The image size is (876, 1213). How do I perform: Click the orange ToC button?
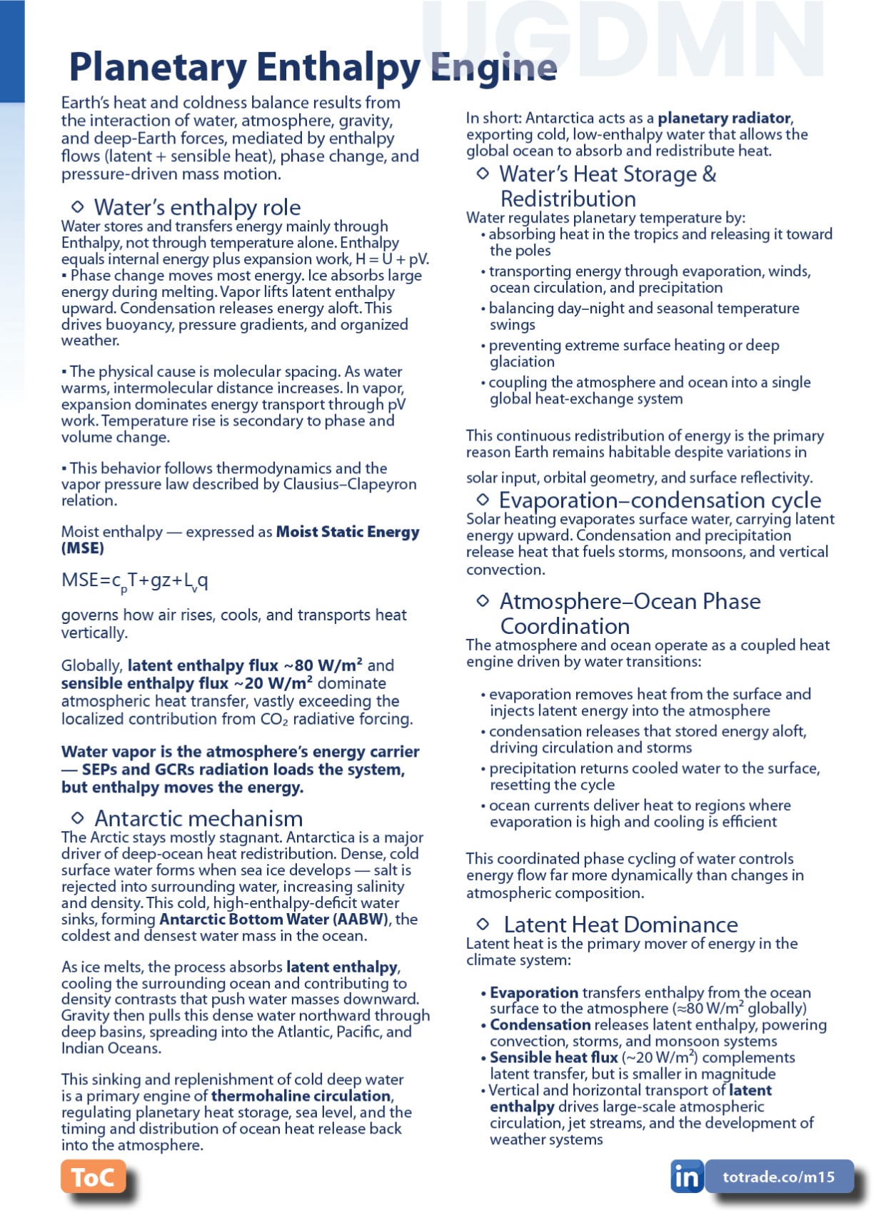click(93, 1177)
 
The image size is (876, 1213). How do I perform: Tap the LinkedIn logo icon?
click(686, 1177)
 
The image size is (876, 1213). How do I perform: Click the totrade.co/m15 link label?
click(778, 1177)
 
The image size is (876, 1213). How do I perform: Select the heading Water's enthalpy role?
click(197, 207)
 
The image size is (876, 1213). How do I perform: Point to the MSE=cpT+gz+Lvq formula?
click(135, 581)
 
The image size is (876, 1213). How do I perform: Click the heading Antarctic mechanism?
click(198, 818)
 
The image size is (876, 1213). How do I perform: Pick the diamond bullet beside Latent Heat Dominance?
click(483, 925)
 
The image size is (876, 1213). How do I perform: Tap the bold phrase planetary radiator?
click(724, 118)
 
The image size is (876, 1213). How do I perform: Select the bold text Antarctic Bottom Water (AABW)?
click(274, 920)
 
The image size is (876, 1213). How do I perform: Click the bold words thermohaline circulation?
click(301, 1096)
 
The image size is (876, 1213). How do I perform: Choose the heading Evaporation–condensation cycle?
click(660, 500)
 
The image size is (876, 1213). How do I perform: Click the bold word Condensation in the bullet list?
click(540, 1025)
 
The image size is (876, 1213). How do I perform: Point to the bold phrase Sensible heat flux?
click(553, 1058)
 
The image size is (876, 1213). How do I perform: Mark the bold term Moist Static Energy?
click(347, 532)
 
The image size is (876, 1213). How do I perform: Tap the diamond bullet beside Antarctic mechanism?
click(78, 817)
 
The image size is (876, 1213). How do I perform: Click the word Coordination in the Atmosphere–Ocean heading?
click(565, 626)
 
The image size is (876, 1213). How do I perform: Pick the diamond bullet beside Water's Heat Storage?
click(483, 173)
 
